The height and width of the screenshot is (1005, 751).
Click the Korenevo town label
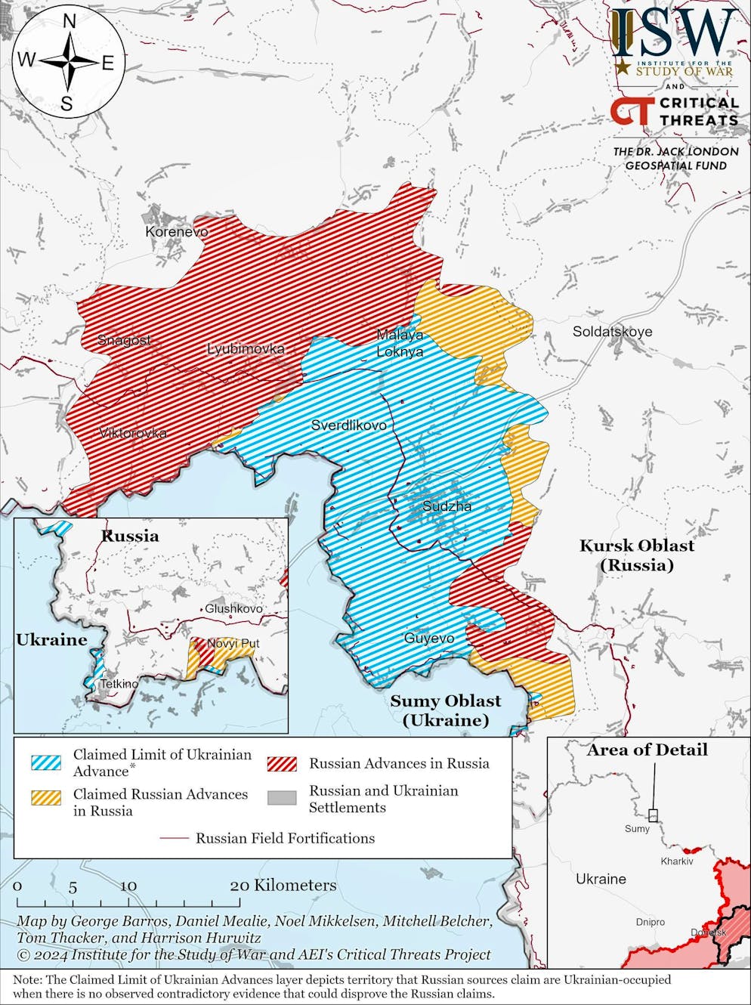(177, 231)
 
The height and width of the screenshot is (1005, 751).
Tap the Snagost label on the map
(124, 340)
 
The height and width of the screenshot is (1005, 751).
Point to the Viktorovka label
(133, 433)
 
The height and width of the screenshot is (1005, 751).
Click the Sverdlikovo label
(349, 425)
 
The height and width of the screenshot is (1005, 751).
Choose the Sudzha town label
(447, 506)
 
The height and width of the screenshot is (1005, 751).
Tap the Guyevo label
(429, 639)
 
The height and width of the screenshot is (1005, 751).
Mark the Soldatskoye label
(612, 331)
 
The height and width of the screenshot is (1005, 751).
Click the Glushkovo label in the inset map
(233, 608)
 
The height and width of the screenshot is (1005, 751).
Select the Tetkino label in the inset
(119, 684)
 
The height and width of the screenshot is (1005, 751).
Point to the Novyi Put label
(233, 643)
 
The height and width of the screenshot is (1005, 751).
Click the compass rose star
(68, 61)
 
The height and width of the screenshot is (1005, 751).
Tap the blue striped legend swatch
(46, 761)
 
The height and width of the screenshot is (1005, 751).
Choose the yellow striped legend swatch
(46, 797)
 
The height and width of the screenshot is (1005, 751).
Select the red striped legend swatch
(282, 762)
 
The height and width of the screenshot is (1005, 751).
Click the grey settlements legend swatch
(282, 798)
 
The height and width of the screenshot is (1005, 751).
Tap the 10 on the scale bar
(128, 886)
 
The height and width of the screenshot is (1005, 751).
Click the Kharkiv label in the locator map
(676, 861)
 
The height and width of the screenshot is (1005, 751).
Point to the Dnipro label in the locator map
(651, 922)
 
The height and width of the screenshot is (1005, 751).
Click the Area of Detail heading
(647, 750)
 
